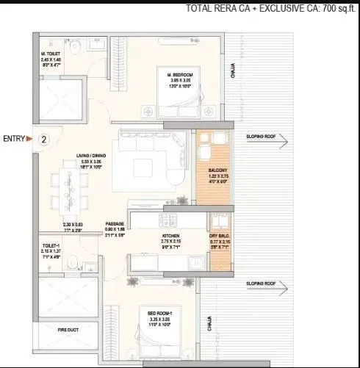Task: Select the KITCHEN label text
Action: point(171,237)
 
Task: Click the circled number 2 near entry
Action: point(43,138)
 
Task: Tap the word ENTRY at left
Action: point(14,138)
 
